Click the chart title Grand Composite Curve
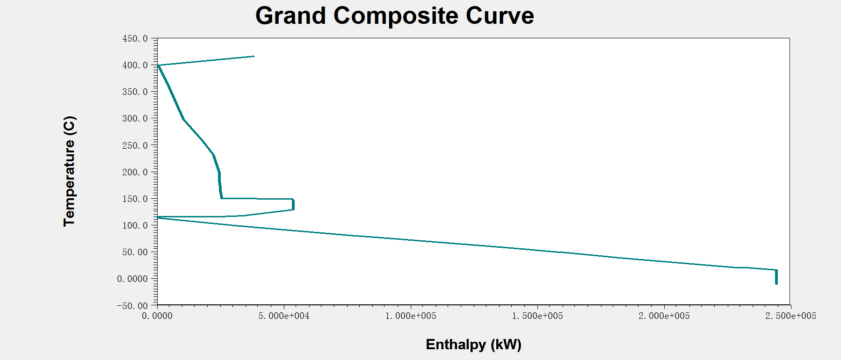coord(394,16)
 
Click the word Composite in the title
coord(396,16)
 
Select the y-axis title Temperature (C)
coord(69,171)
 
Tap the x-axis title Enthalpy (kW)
coord(473,345)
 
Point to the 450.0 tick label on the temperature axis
coord(135,39)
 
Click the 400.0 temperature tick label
coord(135,65)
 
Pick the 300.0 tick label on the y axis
coord(135,119)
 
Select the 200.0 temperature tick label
coord(135,173)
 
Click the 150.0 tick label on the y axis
coord(135,199)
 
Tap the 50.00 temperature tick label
coord(135,252)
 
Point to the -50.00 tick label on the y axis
coord(132,306)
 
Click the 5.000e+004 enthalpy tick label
coord(284,316)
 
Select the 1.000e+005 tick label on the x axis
coord(411,316)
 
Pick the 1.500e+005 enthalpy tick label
coord(537,316)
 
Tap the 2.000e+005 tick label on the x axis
coord(664,316)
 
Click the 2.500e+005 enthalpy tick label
coord(790,316)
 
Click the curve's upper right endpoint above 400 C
coord(254,56)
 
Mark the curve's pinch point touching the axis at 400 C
coord(158,65)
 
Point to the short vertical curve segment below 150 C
coord(293,204)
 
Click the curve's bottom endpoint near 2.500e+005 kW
coord(776,283)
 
